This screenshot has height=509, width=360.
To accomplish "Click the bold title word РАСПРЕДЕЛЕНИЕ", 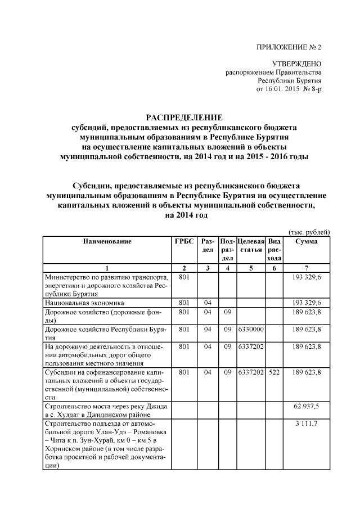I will pos(184,118).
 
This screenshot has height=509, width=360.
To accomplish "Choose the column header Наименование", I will pos(107,241).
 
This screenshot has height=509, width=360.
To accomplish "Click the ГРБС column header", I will pos(184,241).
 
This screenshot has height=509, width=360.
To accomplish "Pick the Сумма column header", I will pos(305,241).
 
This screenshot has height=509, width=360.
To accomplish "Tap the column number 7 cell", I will pos(305,268).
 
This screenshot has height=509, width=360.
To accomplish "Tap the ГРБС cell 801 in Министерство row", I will pos(184,278).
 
